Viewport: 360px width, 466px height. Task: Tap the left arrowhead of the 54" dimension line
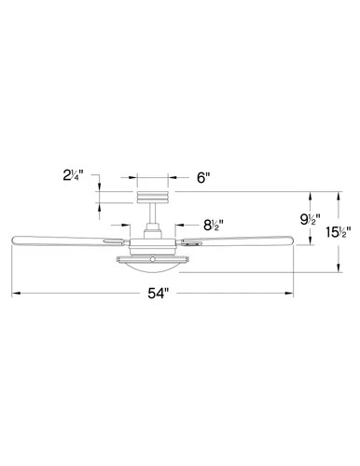(x=15, y=295)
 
